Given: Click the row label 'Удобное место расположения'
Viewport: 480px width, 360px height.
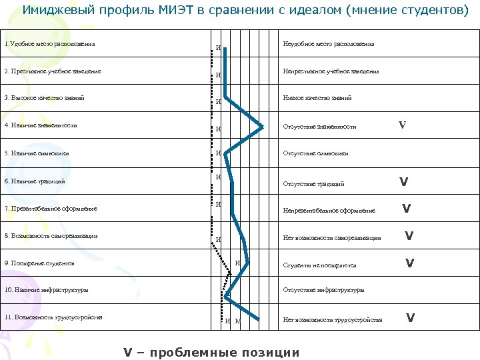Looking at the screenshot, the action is click(x=49, y=44).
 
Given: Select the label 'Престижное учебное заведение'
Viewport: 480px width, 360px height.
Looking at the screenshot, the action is click(x=53, y=71).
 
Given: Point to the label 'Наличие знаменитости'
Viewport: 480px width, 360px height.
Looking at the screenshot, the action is click(x=41, y=125).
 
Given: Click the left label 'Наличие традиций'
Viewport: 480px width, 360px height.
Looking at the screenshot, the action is click(x=35, y=181).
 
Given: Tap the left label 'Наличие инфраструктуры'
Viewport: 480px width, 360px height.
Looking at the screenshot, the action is click(x=46, y=290).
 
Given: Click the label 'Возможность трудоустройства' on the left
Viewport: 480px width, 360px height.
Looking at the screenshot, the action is click(x=53, y=317).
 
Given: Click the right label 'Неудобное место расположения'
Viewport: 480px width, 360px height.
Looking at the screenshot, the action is click(x=328, y=44).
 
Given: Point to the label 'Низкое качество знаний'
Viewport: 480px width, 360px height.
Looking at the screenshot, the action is click(x=317, y=98).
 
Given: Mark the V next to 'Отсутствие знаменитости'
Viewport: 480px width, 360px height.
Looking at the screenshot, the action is click(x=402, y=125).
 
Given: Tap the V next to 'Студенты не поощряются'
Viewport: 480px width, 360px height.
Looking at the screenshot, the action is click(x=410, y=263).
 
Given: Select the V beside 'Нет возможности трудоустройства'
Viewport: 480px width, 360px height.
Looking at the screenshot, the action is click(x=411, y=317).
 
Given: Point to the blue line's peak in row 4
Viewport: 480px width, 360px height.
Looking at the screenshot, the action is click(x=262, y=125).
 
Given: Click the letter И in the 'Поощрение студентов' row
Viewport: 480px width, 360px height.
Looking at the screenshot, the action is click(x=238, y=263).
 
